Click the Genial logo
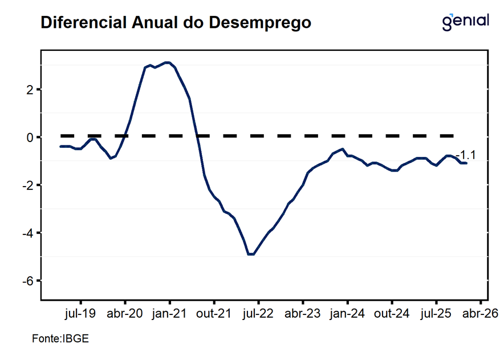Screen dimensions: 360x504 coord(466,21)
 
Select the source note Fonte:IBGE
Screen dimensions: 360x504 coord(60,339)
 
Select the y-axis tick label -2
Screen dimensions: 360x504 coord(27,185)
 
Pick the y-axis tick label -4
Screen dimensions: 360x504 coord(27,233)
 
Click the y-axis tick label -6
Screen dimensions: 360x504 coord(27,281)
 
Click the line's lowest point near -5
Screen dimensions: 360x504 coord(250,254)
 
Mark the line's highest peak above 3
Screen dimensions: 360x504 coord(167,63)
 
